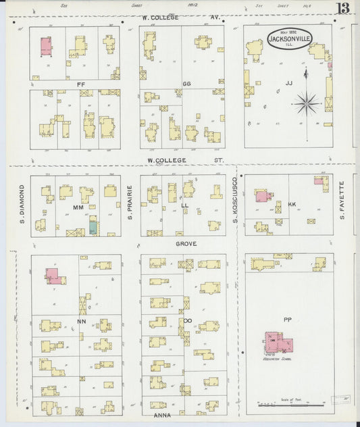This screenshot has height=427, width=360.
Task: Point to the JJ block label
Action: [x=288, y=83]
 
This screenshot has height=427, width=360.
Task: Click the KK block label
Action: [x=292, y=203]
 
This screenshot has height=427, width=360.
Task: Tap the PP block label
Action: [x=288, y=320]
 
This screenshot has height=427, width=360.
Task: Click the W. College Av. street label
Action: [x=181, y=16]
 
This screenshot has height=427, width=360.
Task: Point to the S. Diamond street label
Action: [x=22, y=202]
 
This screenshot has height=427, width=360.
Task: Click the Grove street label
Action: [x=186, y=243]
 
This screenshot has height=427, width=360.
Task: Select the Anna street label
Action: [x=162, y=415]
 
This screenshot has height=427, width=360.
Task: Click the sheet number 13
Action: [x=344, y=9]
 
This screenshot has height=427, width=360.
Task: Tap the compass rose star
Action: [x=307, y=103]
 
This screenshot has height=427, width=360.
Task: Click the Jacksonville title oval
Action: [x=289, y=39]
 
